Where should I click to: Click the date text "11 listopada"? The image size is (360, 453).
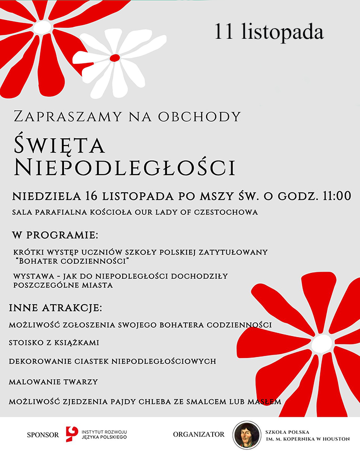(269, 31)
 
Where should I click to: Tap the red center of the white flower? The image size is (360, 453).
(115, 57)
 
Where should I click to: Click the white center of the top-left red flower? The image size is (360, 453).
(43, 26)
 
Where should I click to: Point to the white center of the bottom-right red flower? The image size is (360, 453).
(322, 343)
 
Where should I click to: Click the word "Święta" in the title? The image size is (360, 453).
(59, 145)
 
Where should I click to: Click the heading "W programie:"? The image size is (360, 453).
(55, 235)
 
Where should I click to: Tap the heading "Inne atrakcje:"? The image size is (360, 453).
(55, 307)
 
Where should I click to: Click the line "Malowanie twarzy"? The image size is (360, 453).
(53, 382)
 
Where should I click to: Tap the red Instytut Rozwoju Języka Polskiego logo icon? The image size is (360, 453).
(72, 434)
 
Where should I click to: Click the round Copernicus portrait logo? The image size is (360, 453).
(246, 434)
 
